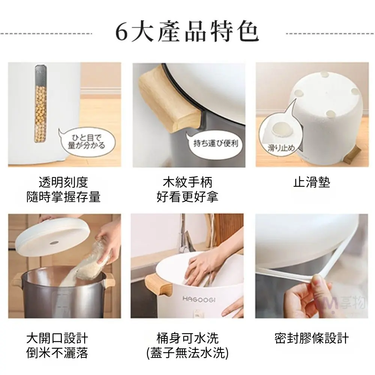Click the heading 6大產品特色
[187, 32]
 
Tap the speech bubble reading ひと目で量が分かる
[87, 142]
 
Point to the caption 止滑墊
[312, 183]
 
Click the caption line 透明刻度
[63, 183]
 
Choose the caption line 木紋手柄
[187, 183]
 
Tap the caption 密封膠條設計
[312, 338]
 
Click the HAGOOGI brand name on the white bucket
[199, 299]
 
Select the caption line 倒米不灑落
[57, 353]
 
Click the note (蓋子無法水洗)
[187, 353]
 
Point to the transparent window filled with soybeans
[40, 104]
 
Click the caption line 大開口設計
[57, 338]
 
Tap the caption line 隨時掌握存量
[63, 197]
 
